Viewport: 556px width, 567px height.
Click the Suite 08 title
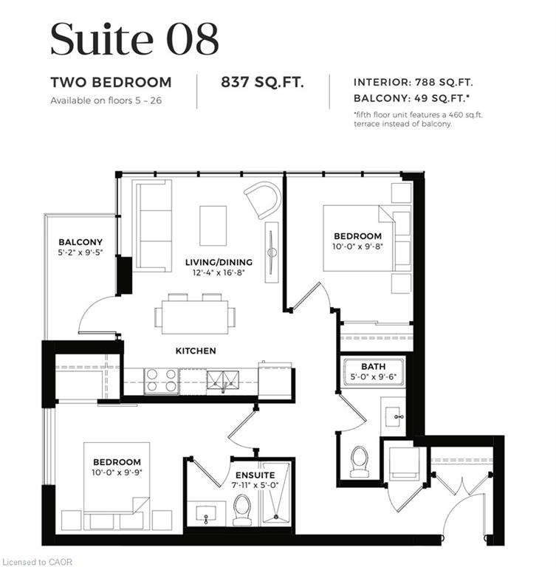pyautogui.click(x=134, y=38)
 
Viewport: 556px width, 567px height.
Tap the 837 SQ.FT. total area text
pyautogui.click(x=262, y=83)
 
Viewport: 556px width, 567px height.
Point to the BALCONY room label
pyautogui.click(x=80, y=242)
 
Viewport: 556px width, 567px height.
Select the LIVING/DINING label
pyautogui.click(x=219, y=262)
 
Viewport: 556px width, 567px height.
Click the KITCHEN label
pyautogui.click(x=196, y=351)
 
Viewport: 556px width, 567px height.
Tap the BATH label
pyautogui.click(x=374, y=366)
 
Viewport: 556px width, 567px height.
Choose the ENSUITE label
pyautogui.click(x=255, y=475)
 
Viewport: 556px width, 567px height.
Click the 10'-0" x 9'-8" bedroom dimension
pyautogui.click(x=358, y=247)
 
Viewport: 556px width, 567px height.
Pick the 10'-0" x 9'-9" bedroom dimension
pyautogui.click(x=117, y=472)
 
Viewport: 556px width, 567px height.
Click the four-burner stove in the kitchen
pyautogui.click(x=162, y=381)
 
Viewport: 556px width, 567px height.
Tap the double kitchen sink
pyautogui.click(x=223, y=380)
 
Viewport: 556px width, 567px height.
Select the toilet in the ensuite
pyautogui.click(x=242, y=510)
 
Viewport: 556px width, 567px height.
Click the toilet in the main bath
pyautogui.click(x=360, y=461)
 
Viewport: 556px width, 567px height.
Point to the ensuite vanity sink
pyautogui.click(x=206, y=514)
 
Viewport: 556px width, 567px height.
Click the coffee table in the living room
pyautogui.click(x=213, y=226)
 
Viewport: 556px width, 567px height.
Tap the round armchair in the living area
pyautogui.click(x=263, y=199)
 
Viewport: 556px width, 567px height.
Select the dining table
pyautogui.click(x=195, y=317)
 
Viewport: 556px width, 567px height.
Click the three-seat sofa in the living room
pyautogui.click(x=152, y=226)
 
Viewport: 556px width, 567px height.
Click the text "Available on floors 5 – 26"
pyautogui.click(x=106, y=100)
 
